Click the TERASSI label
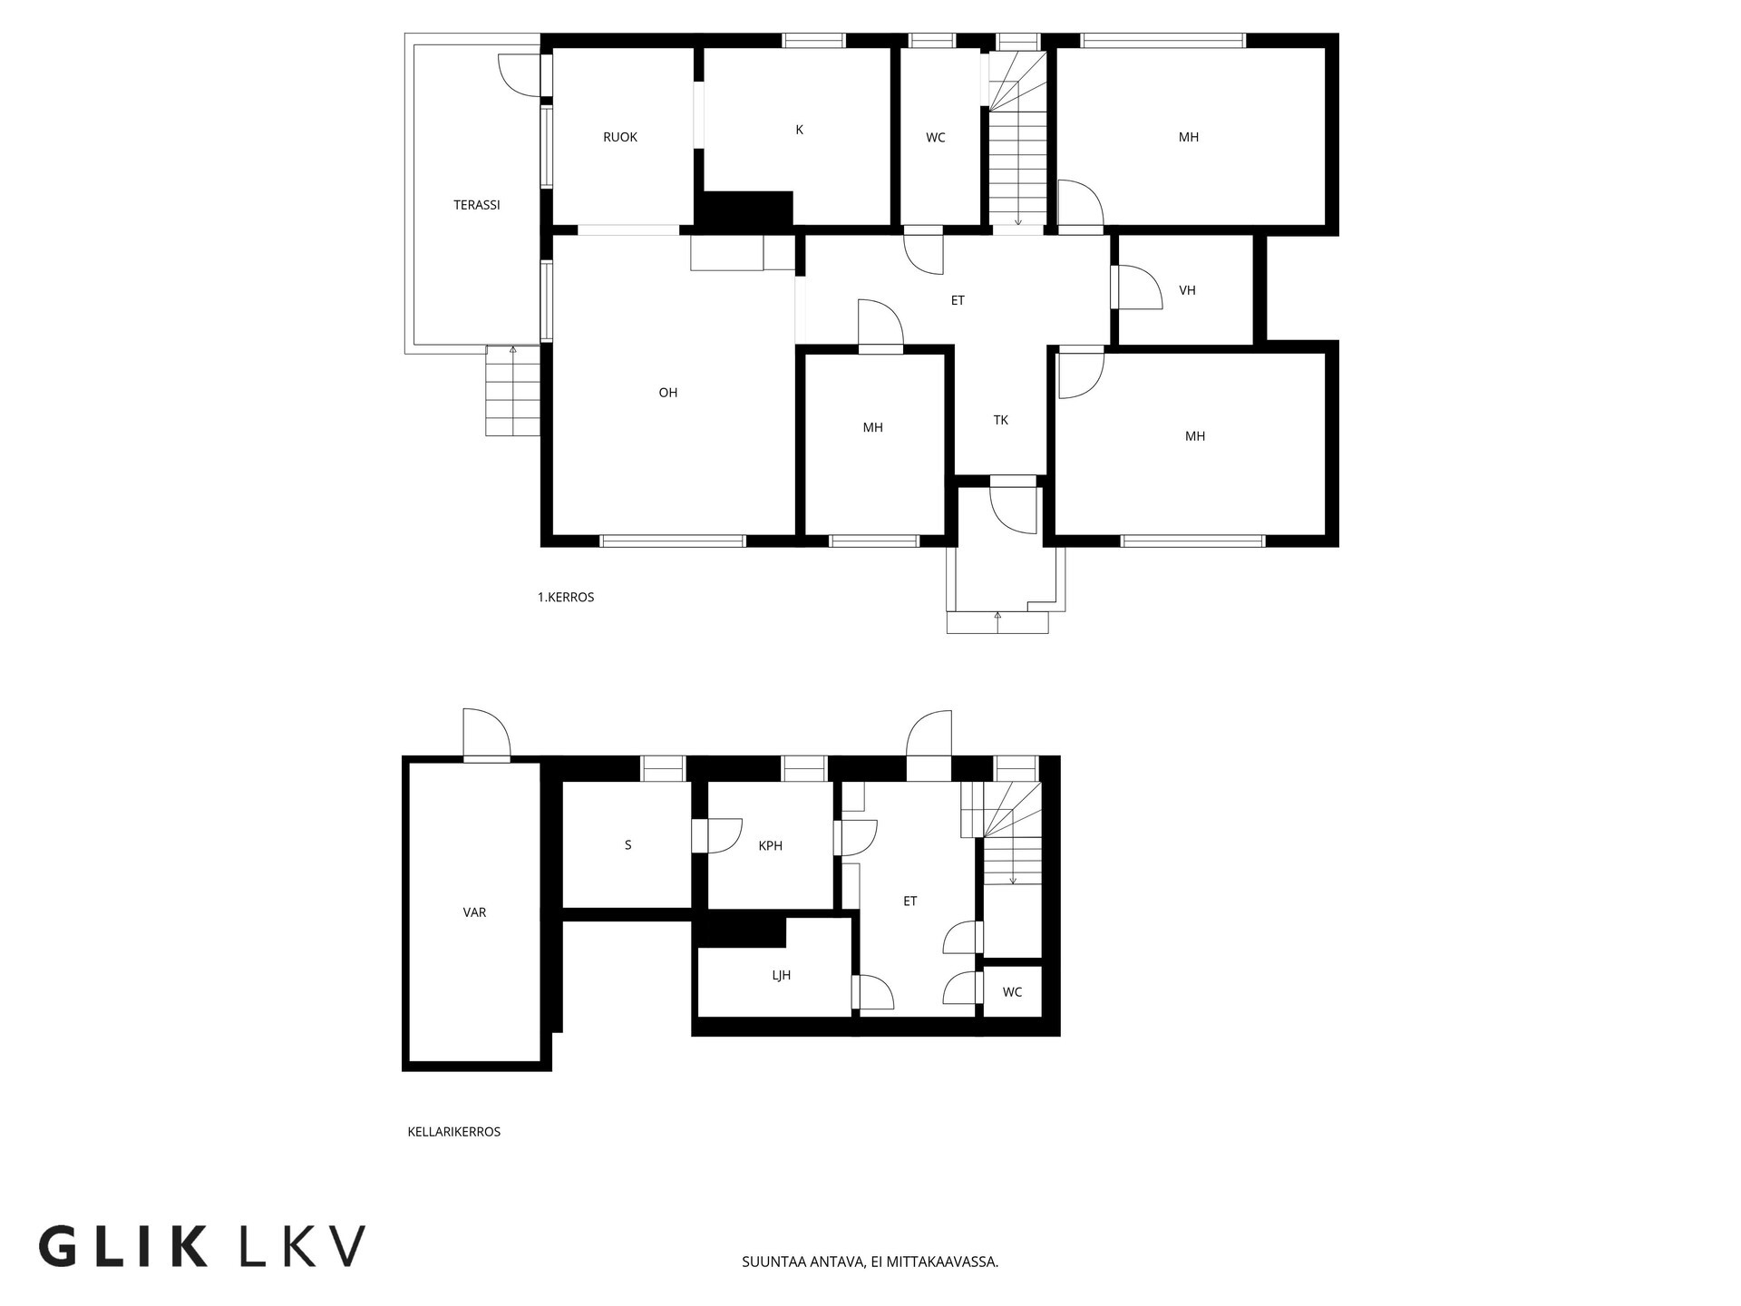476,205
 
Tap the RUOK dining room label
620,137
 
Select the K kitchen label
799,130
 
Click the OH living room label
667,393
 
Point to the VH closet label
1187,290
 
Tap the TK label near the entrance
1000,420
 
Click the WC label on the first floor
935,138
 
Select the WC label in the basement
1012,992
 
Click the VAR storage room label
474,912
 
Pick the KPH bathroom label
770,846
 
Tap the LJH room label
781,976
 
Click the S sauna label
627,845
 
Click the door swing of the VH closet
1138,288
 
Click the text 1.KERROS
565,598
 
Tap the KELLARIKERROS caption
453,1132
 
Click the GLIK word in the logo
122,1247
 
